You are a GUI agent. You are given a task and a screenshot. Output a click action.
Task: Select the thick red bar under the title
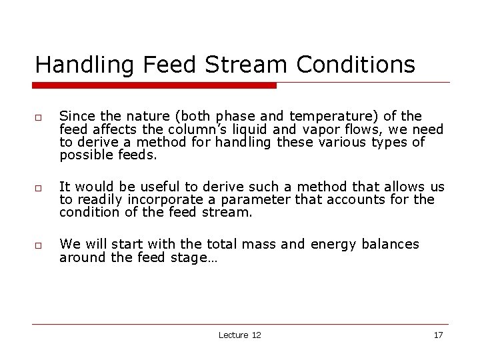point(155,85)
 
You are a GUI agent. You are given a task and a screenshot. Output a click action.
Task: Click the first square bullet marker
point(39,118)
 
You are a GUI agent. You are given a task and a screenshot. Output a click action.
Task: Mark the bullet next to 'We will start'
point(39,246)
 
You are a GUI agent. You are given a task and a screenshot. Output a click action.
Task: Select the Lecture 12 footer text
point(239,335)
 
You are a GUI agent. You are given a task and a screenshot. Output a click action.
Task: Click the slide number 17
point(438,335)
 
